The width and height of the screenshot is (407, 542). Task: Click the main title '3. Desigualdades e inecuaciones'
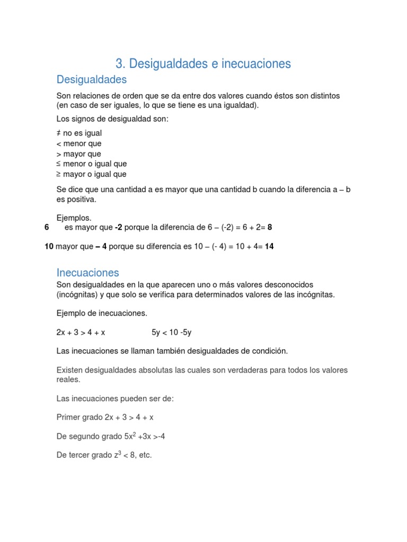[203, 64]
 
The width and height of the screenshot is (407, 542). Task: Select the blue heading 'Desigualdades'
[92, 79]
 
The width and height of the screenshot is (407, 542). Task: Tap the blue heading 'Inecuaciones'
[88, 273]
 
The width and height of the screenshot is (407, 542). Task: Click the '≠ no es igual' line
[79, 133]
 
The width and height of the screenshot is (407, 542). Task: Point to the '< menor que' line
[79, 143]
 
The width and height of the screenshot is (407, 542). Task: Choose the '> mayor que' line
[79, 154]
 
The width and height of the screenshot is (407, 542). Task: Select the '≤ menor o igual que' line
[92, 164]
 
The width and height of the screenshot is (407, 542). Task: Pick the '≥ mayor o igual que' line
[92, 174]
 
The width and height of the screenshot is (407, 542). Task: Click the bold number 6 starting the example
[47, 227]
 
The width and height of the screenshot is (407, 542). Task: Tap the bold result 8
[270, 227]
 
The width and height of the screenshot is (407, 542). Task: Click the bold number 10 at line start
[49, 246]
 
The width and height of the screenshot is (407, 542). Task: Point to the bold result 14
[269, 246]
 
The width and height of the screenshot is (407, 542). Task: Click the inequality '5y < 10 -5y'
[171, 332]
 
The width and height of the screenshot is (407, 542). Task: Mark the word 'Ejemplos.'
[74, 218]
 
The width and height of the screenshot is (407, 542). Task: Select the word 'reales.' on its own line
[68, 380]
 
